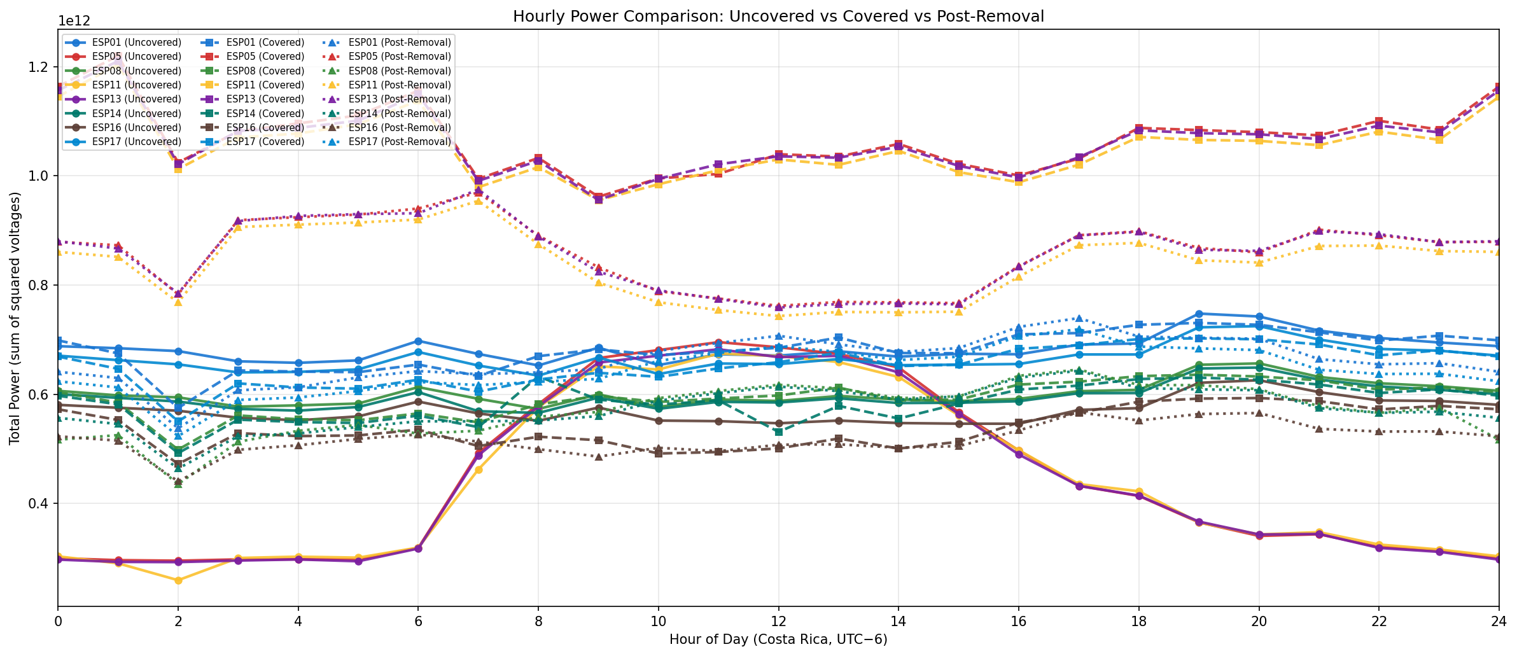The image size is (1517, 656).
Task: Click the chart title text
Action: click(778, 16)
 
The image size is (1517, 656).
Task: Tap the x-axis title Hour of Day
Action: click(778, 639)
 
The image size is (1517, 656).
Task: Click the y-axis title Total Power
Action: click(15, 318)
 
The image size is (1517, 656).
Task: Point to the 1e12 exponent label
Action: click(74, 22)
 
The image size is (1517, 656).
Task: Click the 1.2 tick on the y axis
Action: click(41, 67)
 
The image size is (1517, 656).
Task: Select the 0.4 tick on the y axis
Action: click(41, 504)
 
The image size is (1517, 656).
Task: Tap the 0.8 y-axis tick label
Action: click(41, 285)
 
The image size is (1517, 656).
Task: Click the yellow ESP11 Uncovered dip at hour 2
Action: click(178, 580)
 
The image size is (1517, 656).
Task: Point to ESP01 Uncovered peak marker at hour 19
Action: click(1199, 314)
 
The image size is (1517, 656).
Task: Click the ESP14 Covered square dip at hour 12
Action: click(778, 432)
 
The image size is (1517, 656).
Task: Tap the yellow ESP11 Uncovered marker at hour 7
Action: click(479, 470)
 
